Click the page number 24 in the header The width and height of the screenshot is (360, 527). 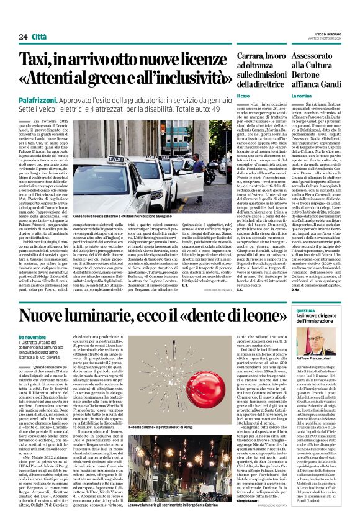pyautogui.click(x=23, y=37)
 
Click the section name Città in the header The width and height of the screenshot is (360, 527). pyautogui.click(x=41, y=37)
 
